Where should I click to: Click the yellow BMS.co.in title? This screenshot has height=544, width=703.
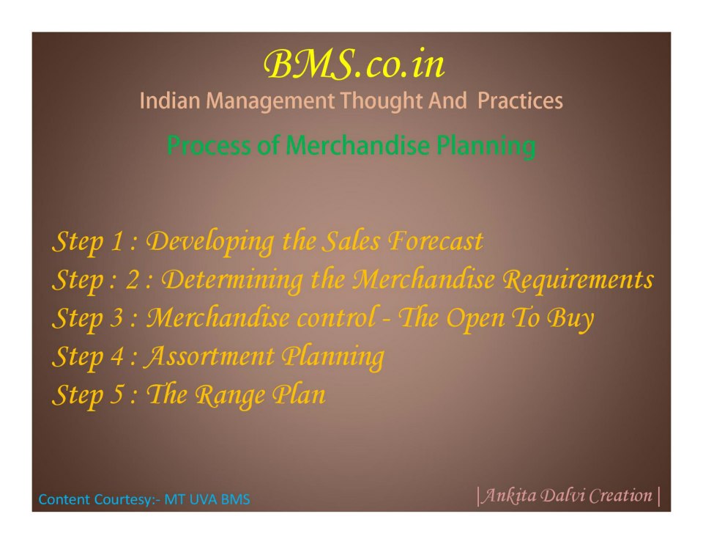point(354,65)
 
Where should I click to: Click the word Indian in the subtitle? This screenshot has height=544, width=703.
point(169,100)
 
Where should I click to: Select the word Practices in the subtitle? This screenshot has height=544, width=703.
point(520,100)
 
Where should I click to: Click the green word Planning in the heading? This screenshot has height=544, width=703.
point(486,147)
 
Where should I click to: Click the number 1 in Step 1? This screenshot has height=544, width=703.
point(117,241)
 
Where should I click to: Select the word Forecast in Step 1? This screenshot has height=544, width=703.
point(435,241)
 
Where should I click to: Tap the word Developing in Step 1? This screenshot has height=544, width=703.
point(210,242)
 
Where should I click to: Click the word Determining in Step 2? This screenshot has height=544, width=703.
point(232,280)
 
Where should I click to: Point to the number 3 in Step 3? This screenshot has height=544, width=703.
point(117,318)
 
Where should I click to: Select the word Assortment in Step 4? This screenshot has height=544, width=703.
point(209,356)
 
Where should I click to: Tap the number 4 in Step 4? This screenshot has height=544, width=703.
point(117,357)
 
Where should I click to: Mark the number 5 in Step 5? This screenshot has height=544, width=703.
point(117,395)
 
